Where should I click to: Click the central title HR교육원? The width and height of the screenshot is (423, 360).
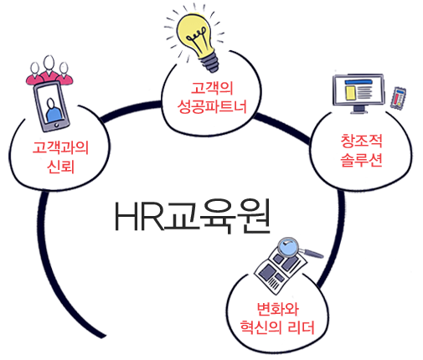pos(193,216)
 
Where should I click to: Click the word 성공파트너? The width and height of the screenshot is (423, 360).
pos(212,106)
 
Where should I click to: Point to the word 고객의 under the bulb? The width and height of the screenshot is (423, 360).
pos(212,88)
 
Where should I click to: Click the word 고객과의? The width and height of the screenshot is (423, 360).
pos(60,147)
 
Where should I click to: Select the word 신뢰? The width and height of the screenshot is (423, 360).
pos(60,167)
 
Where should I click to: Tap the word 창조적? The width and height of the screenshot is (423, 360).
pos(361,141)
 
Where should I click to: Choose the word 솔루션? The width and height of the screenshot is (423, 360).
pos(361,160)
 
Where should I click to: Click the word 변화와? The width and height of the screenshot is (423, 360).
pos(277,308)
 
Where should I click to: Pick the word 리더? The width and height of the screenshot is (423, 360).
pos(301,327)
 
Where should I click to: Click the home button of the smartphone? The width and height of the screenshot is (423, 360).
pos(57,125)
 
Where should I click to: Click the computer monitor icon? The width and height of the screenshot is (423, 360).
pos(359,93)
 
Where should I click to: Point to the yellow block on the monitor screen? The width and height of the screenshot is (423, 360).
pos(350,93)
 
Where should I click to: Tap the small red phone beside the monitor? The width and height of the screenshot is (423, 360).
pos(398,98)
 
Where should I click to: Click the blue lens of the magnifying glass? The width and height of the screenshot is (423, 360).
pos(288,247)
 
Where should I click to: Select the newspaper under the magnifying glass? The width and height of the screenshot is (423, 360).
pos(280,272)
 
